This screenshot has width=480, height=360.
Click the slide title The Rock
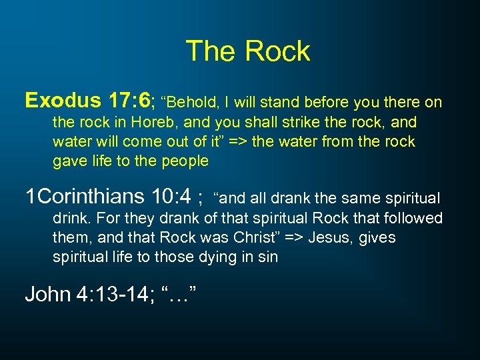[247, 51]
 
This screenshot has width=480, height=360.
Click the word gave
[69, 161]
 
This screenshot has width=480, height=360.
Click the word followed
[413, 218]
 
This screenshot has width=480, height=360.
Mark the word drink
[69, 218]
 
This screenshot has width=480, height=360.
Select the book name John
[47, 293]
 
